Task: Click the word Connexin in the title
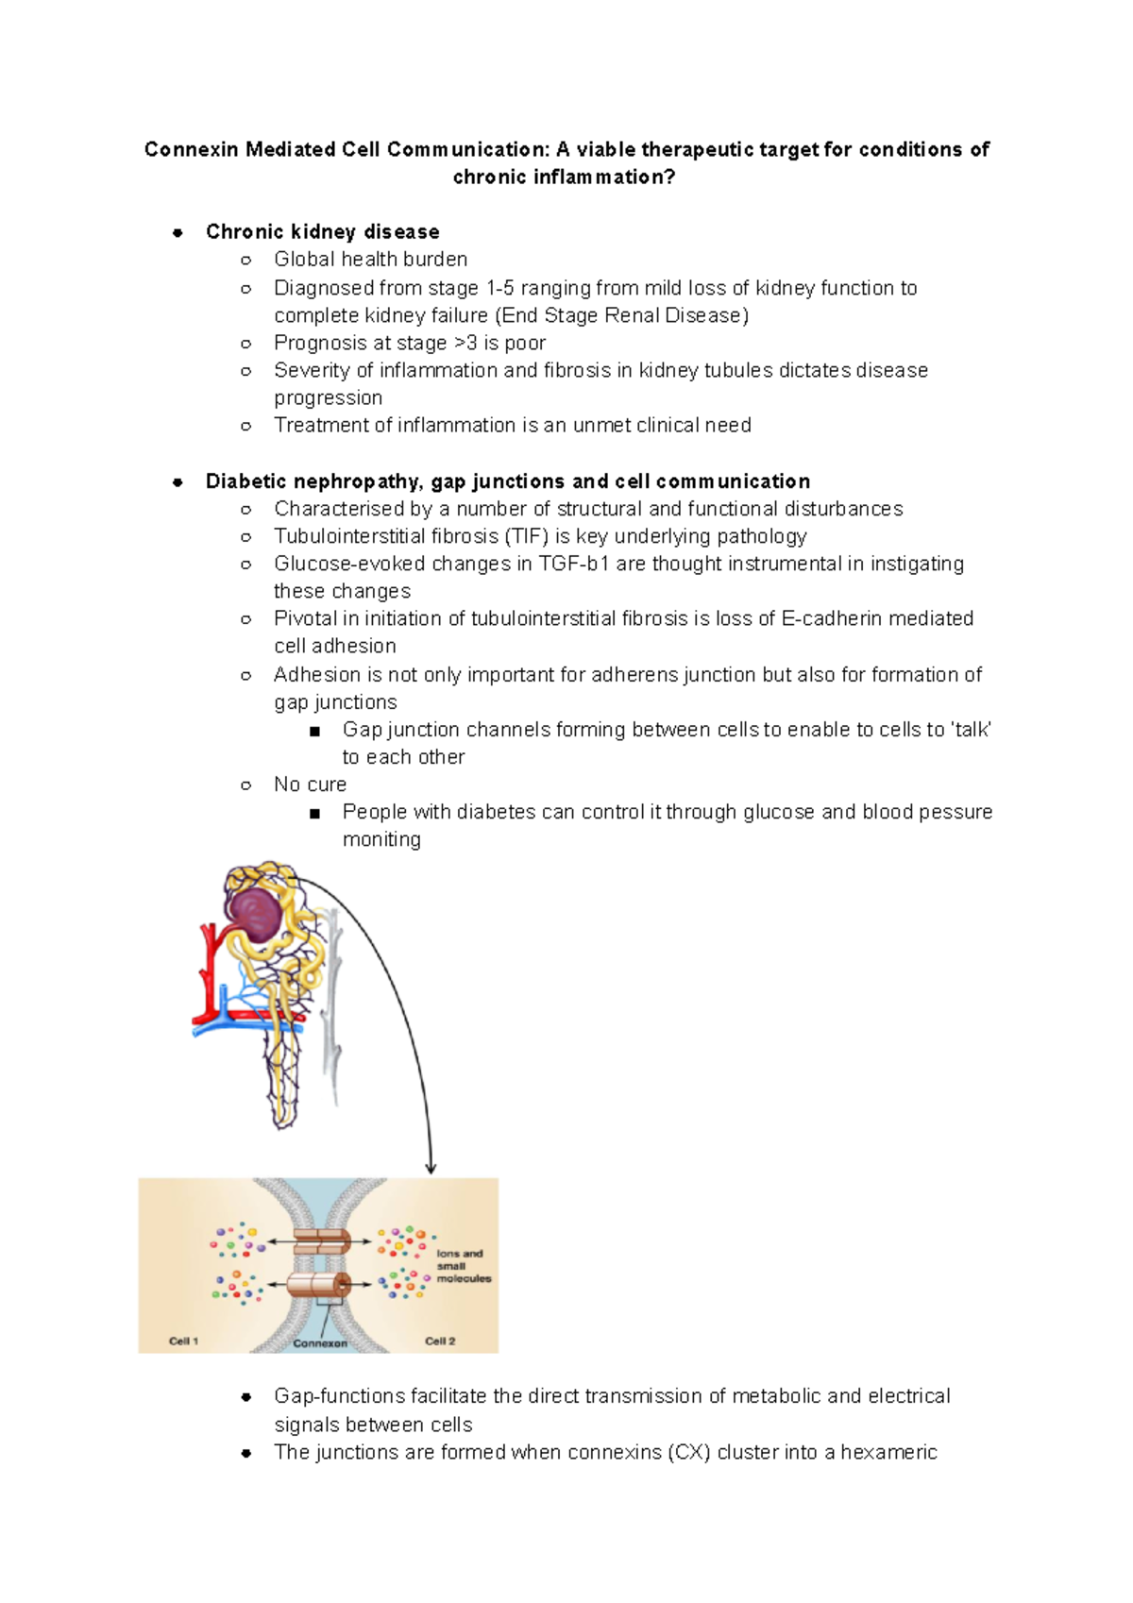click(x=192, y=150)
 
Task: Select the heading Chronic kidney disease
click(x=322, y=232)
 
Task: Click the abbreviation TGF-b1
click(x=574, y=565)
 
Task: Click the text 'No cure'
click(x=310, y=785)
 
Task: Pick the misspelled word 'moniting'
click(x=381, y=840)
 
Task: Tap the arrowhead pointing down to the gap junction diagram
click(x=431, y=1168)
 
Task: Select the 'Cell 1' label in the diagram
click(x=183, y=1341)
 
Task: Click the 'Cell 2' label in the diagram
click(x=440, y=1341)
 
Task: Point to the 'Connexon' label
click(x=320, y=1343)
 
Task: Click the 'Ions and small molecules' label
click(x=463, y=1266)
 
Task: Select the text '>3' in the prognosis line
click(x=465, y=344)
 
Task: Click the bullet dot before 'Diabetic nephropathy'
click(x=178, y=482)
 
